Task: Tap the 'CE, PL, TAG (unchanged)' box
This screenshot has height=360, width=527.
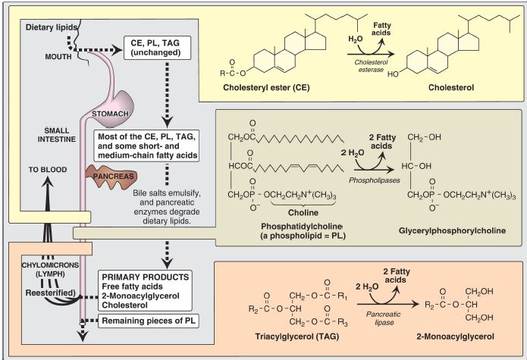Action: (x=157, y=48)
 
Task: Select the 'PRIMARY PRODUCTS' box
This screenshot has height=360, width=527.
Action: (x=145, y=291)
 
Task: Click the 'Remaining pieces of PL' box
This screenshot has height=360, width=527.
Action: (x=148, y=321)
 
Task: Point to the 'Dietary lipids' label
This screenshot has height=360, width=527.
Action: (x=52, y=27)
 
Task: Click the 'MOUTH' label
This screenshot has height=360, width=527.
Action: (x=58, y=57)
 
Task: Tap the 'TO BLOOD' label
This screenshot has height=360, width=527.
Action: (x=47, y=170)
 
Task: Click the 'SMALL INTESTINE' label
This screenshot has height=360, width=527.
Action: (x=56, y=135)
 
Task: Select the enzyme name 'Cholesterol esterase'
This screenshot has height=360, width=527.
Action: (x=371, y=66)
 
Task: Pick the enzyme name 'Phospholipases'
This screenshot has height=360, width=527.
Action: (x=375, y=180)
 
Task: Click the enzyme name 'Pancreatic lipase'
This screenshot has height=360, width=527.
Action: (x=383, y=318)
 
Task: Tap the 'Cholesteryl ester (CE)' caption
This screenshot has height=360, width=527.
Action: (x=266, y=88)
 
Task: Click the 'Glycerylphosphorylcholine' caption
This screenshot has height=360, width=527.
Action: (x=452, y=230)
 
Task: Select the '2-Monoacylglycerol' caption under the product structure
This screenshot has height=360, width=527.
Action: (x=455, y=337)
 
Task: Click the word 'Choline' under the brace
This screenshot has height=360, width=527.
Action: (x=303, y=212)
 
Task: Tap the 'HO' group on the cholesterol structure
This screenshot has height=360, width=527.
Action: (x=393, y=74)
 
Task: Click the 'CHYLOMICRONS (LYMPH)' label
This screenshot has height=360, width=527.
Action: (x=50, y=269)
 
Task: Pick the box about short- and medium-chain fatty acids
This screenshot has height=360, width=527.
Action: (x=146, y=146)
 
